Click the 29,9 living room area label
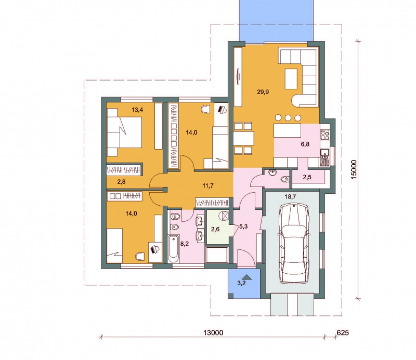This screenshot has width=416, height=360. pyautogui.click(x=263, y=92)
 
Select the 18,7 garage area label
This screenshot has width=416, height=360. pyautogui.click(x=290, y=197)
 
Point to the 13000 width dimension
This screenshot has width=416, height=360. pyautogui.click(x=213, y=332)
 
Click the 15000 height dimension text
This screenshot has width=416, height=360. pyautogui.click(x=354, y=170)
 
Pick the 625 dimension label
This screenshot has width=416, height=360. pyautogui.click(x=343, y=332)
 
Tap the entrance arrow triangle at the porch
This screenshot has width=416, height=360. pyautogui.click(x=248, y=277)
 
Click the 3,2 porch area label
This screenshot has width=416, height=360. pyautogui.click(x=241, y=283)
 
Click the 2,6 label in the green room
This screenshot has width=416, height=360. pyautogui.click(x=215, y=229)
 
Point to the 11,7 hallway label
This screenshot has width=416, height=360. pyautogui.click(x=208, y=185)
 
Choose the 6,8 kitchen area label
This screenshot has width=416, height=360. pyautogui.click(x=305, y=144)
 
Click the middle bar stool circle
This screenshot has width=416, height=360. pyautogui.click(x=289, y=117)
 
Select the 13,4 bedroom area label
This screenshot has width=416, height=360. pyautogui.click(x=137, y=110)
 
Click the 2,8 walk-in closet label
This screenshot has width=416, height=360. pyautogui.click(x=121, y=182)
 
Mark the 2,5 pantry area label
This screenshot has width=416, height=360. pyautogui.click(x=307, y=177)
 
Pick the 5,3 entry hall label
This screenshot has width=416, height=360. pyautogui.click(x=243, y=226)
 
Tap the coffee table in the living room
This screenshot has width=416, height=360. pyautogui.click(x=291, y=79)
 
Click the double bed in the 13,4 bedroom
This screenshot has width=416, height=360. pyautogui.click(x=124, y=132)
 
